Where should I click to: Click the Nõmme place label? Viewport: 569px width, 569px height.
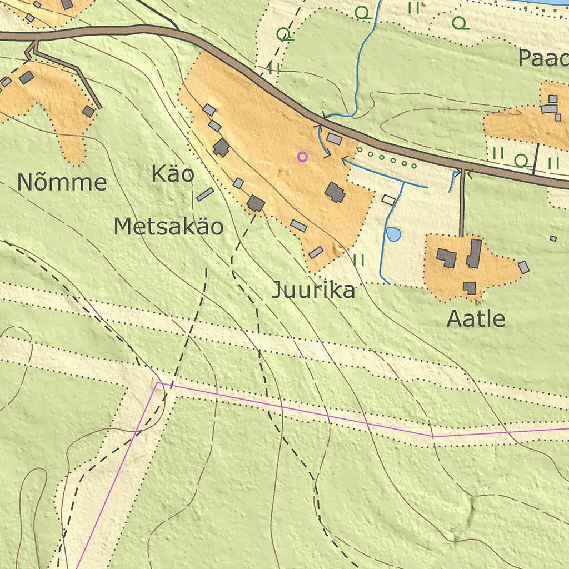pos(62,182)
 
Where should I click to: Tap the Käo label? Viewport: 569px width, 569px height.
pos(173,174)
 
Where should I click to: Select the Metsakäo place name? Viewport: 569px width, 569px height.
pos(169,227)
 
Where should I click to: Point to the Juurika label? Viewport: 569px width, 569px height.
pos(313,291)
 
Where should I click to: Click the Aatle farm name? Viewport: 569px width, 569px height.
pos(476,319)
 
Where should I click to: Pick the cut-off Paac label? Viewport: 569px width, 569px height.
pos(543,58)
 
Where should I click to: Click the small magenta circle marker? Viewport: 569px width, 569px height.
pos(302,157)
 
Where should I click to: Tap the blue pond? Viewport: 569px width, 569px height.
pos(393,234)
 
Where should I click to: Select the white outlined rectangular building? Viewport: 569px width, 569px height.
pos(388,200)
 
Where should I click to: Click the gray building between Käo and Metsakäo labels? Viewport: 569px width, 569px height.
pos(205,194)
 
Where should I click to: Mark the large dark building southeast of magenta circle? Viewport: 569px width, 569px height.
pos(335,193)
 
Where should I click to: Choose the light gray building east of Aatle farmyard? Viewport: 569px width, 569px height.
pos(523,267)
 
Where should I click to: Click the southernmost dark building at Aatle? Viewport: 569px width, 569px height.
pos(470,287)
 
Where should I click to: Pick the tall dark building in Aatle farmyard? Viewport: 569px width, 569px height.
pos(475,253)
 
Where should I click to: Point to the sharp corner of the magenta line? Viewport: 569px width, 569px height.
pos(158,383)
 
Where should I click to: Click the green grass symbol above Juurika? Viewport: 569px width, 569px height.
pos(359,260)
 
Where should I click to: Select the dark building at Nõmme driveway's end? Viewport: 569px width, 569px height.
pos(88,111)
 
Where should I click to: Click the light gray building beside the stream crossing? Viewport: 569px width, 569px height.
pos(334,138)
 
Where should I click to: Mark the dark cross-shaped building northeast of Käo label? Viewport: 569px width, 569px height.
pos(221,148)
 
